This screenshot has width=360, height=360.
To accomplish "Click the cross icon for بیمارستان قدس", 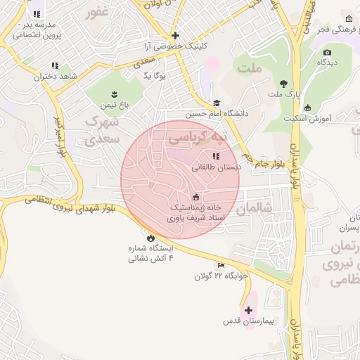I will [248, 310].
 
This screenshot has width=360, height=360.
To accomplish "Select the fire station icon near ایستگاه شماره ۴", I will [150, 237].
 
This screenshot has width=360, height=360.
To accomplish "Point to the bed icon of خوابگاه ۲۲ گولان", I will [221, 265].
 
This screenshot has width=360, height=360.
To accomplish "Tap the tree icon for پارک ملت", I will [284, 84].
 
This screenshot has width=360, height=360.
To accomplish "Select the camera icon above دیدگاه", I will [326, 53].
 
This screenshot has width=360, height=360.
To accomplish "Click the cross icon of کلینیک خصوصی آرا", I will [175, 35].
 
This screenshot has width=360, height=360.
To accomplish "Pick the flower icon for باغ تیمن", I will [114, 94].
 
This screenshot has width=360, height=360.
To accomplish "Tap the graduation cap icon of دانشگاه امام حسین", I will [217, 103].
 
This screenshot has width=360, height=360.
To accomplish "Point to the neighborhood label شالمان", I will [253, 209].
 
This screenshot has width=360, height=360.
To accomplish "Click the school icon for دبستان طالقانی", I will [214, 156].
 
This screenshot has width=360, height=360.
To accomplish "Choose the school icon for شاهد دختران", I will [55, 65].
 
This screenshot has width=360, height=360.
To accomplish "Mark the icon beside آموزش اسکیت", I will [307, 108].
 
